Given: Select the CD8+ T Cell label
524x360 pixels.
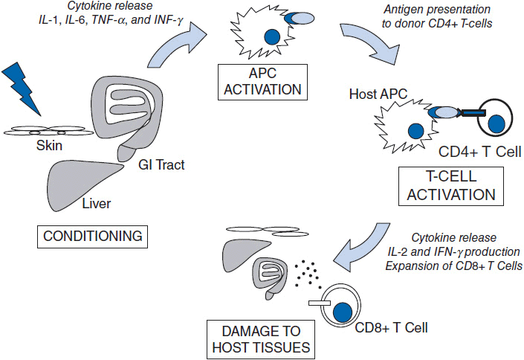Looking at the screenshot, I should click(x=391, y=326).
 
